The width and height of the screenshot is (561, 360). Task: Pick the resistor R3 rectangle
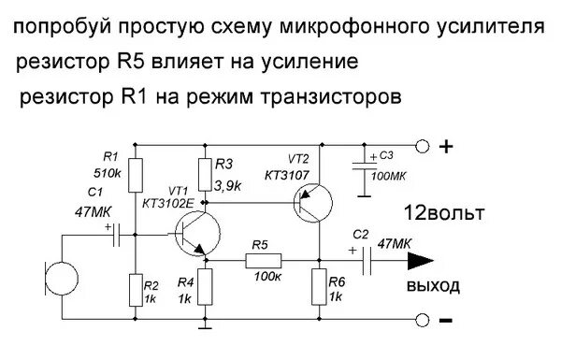[207, 173]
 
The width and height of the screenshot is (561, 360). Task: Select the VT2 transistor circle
[312, 201]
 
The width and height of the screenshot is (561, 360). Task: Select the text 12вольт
[444, 213]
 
